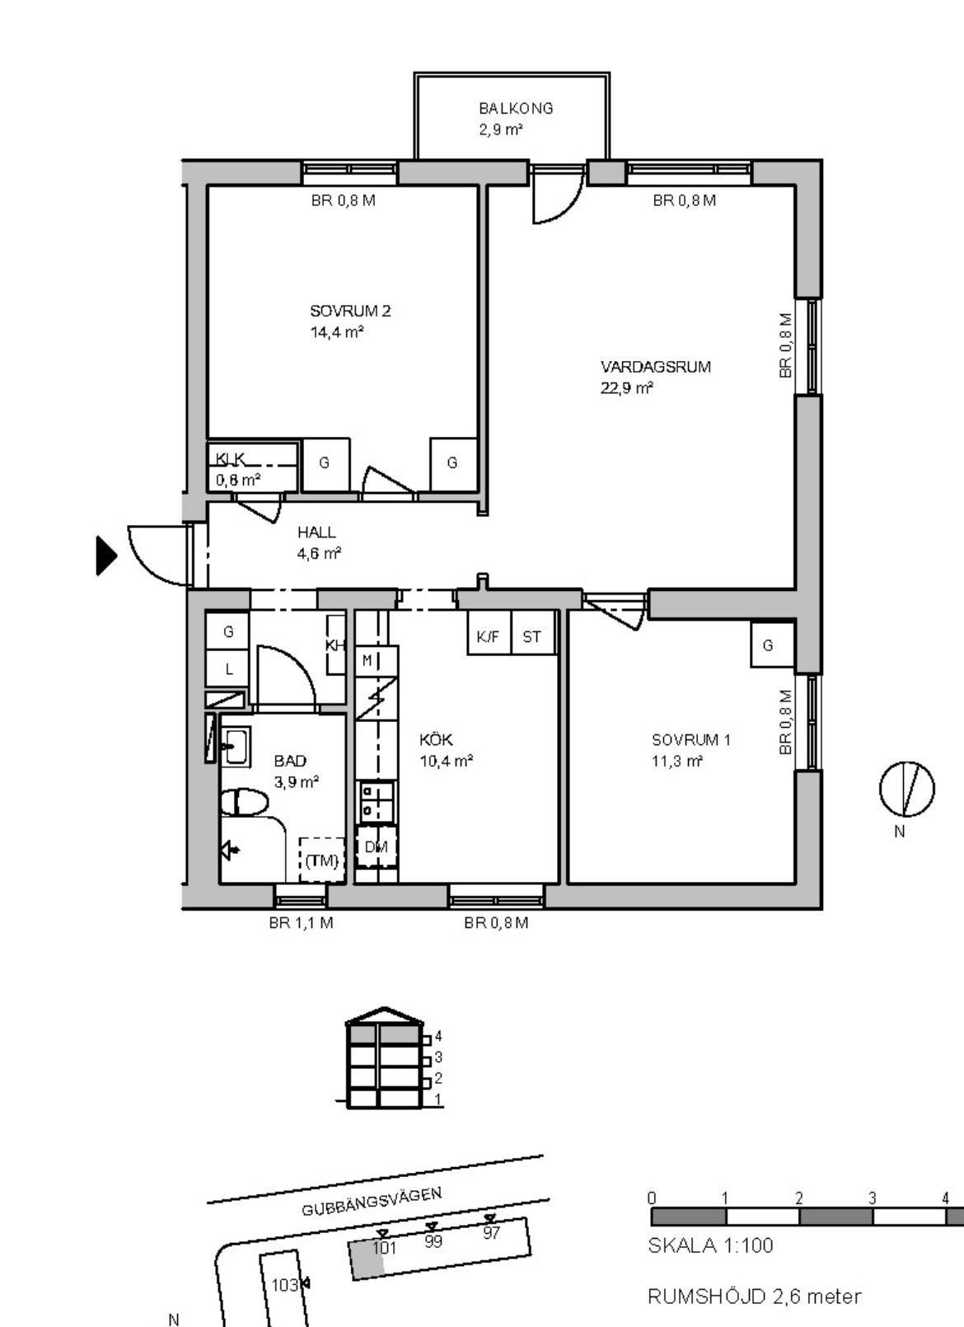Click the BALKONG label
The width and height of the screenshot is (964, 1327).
point(516,109)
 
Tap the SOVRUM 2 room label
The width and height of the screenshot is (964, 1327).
point(350,311)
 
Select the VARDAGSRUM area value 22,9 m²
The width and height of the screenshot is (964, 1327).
point(626,388)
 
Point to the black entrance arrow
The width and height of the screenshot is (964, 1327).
point(106,555)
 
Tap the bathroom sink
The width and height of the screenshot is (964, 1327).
point(236,747)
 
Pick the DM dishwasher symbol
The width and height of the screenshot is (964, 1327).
point(377,847)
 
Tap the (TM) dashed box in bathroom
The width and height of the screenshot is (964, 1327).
point(321,860)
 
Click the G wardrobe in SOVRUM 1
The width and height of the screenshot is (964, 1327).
point(771,644)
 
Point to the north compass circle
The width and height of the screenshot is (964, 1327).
point(906,789)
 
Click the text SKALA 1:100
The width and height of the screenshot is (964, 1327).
point(710,1245)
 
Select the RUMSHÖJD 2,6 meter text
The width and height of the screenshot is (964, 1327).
point(755,1297)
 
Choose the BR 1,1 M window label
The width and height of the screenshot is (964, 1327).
point(301,922)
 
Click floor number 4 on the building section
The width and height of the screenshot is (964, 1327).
point(438,1036)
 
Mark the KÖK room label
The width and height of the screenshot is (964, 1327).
point(436,739)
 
